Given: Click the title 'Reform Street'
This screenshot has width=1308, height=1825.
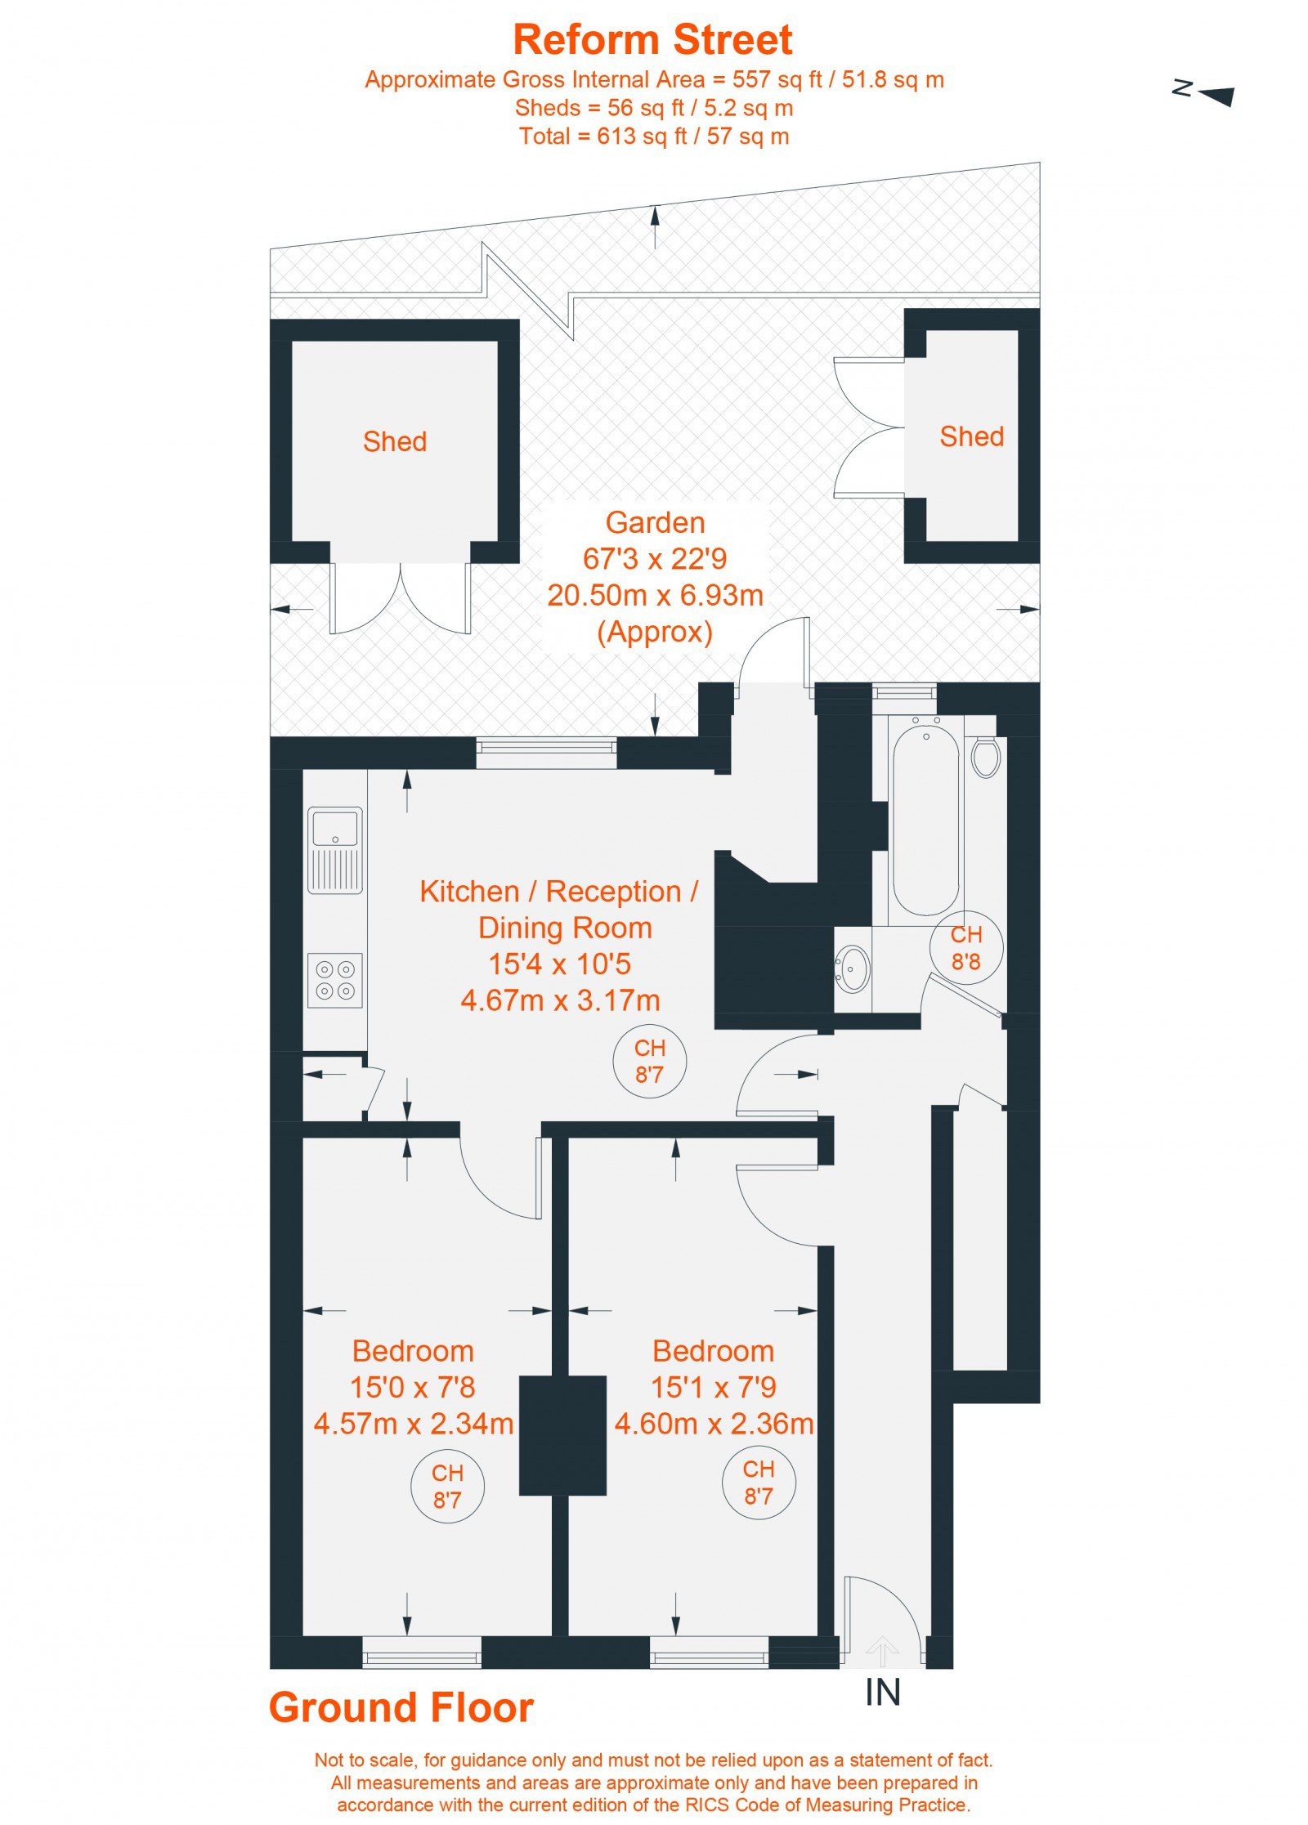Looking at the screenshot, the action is pos(652,39).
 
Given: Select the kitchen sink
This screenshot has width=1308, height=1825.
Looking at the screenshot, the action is pos(335,850).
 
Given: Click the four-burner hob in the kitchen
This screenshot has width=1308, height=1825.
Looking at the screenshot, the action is pos(335,980).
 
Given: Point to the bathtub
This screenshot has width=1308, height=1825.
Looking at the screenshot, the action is pos(925,821).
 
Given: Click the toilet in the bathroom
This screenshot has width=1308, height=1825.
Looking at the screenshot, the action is pos(986,755).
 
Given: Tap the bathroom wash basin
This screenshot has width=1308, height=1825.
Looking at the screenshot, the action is pos(853,968).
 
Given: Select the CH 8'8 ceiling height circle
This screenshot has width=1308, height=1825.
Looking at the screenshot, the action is pos(966,947).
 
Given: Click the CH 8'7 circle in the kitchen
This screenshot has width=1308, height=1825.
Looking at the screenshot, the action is pos(649,1061).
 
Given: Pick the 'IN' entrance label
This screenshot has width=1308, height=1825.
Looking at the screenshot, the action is pos(883,1692).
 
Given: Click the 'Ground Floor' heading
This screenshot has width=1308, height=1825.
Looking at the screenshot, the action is pos(401,1707).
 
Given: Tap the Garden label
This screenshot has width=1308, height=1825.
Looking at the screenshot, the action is pos(655,522).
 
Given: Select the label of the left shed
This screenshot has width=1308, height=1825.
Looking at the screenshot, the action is pos(395,441).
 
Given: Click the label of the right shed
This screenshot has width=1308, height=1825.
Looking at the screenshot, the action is pos(971,436).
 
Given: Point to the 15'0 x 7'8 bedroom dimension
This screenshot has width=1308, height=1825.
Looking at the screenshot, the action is pos(412,1387).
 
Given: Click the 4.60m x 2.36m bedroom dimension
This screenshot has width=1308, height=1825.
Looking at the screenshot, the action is pos(714,1424).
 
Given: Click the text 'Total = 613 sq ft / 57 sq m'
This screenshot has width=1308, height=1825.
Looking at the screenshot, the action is pos(654,136).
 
